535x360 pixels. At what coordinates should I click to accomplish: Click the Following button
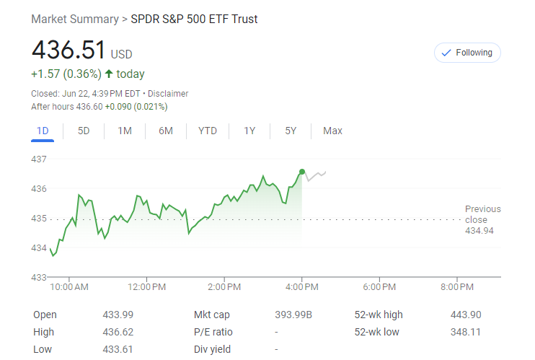click(467, 53)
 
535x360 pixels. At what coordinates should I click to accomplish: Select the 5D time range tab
click(84, 131)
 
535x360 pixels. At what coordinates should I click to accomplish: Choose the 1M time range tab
click(125, 131)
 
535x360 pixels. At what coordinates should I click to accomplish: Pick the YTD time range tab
click(208, 131)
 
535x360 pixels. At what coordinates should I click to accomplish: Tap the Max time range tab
click(332, 131)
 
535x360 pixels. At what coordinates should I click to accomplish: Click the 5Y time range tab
click(291, 131)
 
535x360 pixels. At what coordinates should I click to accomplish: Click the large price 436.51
click(68, 50)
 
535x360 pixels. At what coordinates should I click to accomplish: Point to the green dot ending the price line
click(301, 171)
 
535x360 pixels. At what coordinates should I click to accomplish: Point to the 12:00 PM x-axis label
click(147, 287)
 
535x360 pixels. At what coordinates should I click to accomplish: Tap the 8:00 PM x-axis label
click(456, 287)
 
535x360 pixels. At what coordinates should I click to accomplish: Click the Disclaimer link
click(168, 94)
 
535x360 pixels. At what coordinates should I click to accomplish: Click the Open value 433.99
click(118, 315)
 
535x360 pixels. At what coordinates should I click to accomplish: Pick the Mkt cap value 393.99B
click(293, 315)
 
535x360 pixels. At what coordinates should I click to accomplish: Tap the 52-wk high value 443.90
click(465, 315)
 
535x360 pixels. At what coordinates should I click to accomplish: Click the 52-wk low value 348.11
click(465, 332)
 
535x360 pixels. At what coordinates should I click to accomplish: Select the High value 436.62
click(118, 332)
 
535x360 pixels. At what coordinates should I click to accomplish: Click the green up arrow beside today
click(109, 74)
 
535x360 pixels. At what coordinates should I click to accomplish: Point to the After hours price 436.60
click(89, 107)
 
